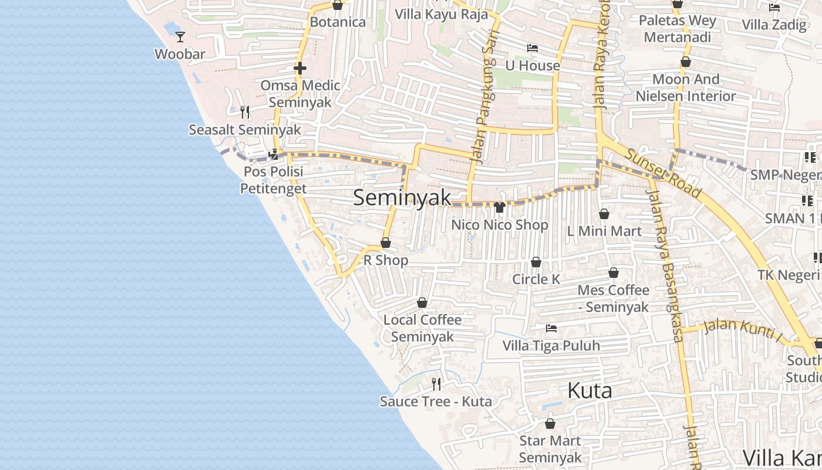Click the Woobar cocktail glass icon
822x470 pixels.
tap(180, 37)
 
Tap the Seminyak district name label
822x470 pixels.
tap(402, 197)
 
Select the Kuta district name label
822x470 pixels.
tap(589, 391)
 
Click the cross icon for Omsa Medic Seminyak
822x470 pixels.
tap(300, 68)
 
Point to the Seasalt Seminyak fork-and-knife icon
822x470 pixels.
tap(245, 112)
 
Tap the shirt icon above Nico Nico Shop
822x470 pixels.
tap(500, 207)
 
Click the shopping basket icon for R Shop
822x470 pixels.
tap(386, 243)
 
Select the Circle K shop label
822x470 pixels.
tap(536, 279)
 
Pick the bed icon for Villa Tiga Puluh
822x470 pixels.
tap(551, 328)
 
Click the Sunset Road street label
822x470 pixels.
tap(663, 173)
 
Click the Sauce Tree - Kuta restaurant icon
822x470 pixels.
tap(436, 384)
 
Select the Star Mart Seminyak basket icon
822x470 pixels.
tap(550, 424)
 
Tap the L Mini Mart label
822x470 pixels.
tap(604, 231)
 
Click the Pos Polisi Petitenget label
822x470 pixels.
tap(273, 180)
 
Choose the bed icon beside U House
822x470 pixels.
tap(533, 48)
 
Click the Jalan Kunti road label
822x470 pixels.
tap(743, 329)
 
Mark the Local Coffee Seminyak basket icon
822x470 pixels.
tap(422, 303)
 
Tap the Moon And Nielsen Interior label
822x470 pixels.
tap(685, 88)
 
